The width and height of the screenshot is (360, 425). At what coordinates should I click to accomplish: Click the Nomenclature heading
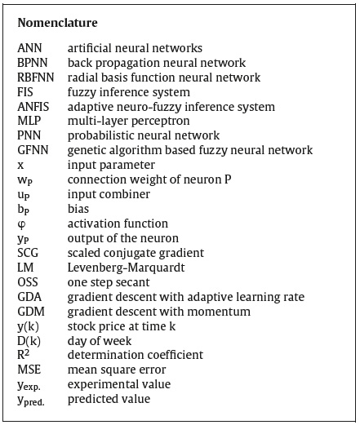57,23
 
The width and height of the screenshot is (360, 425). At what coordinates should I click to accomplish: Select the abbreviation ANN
29,48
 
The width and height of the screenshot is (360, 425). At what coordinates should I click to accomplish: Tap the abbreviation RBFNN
36,77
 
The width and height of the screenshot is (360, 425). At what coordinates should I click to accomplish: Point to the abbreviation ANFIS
33,107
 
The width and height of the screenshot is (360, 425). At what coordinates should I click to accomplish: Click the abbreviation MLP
29,121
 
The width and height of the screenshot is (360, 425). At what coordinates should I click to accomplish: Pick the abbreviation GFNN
33,150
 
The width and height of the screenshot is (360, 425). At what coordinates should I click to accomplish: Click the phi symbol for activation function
22,224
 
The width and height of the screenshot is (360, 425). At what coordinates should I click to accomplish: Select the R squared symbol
24,355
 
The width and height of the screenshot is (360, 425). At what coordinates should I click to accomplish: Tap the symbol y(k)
28,326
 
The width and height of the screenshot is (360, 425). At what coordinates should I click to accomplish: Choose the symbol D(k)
29,341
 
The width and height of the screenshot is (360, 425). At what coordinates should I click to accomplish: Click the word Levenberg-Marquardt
126,268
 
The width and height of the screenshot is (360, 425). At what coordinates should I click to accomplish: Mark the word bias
78,209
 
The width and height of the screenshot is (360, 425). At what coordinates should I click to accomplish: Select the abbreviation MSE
29,370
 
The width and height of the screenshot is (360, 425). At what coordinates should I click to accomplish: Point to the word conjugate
127,254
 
